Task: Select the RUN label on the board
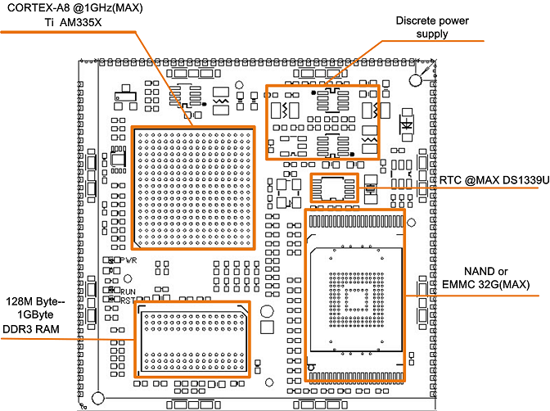coord(129,291)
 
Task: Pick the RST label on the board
coord(128,300)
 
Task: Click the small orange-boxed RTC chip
coord(335,187)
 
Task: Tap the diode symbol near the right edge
coord(406,125)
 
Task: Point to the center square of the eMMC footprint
coord(355,298)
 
